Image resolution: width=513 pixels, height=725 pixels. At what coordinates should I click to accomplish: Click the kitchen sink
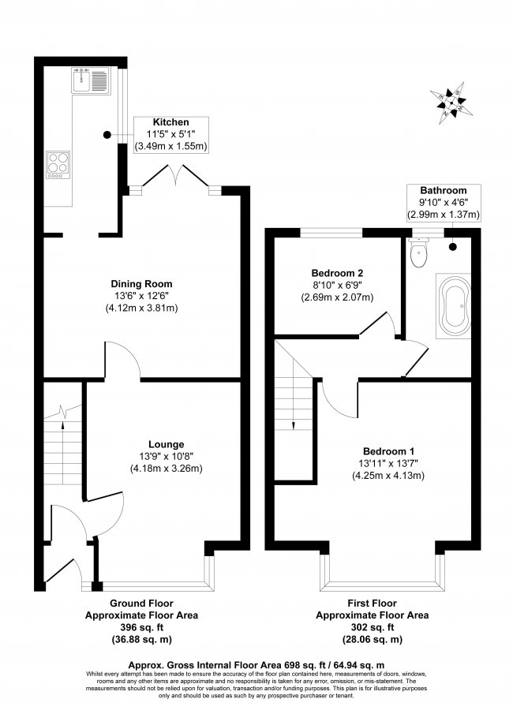click(91, 80)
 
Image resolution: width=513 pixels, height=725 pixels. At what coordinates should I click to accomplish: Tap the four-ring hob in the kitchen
click(58, 165)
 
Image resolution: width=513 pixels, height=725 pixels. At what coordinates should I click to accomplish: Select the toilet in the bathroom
click(419, 252)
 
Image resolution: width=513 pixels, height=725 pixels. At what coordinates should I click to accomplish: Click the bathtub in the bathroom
click(454, 305)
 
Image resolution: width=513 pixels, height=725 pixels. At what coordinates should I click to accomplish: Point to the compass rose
click(451, 103)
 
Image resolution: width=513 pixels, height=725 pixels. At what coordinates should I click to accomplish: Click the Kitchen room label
click(170, 122)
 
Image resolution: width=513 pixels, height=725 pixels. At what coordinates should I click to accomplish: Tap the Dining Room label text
click(141, 284)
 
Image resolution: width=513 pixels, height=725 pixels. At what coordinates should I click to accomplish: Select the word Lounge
click(166, 444)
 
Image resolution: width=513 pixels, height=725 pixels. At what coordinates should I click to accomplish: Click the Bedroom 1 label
click(388, 451)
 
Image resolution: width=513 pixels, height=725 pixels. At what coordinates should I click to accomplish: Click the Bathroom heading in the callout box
click(443, 190)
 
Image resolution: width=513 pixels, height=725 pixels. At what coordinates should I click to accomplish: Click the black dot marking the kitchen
click(107, 135)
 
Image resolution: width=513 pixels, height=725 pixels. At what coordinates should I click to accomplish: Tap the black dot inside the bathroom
click(452, 247)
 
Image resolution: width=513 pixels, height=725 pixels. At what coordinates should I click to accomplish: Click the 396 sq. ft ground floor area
click(141, 627)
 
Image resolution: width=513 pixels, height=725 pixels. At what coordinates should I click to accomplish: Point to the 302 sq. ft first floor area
click(372, 627)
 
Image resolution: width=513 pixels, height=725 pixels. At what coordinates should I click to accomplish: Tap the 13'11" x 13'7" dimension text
click(388, 463)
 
